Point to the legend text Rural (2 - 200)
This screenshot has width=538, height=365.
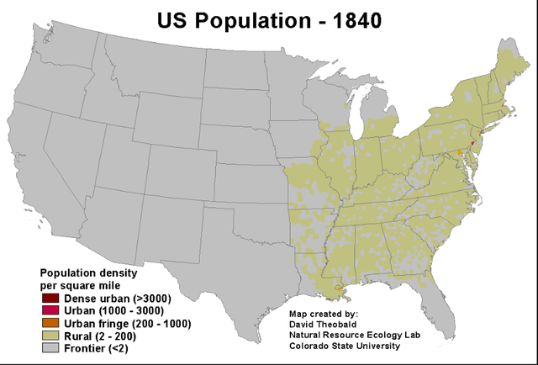click(99, 336)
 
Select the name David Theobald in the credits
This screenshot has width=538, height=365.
click(320, 323)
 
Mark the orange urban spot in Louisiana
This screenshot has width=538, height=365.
click(339, 289)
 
